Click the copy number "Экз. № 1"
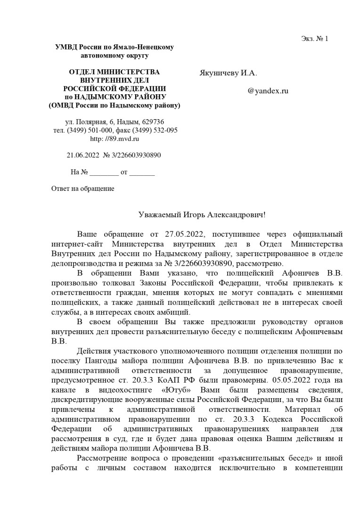(314, 39)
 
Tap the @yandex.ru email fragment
(268, 91)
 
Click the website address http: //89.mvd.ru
(115, 139)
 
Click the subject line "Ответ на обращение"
(82, 189)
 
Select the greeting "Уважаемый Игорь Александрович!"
(202, 214)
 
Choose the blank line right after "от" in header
(142, 172)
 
